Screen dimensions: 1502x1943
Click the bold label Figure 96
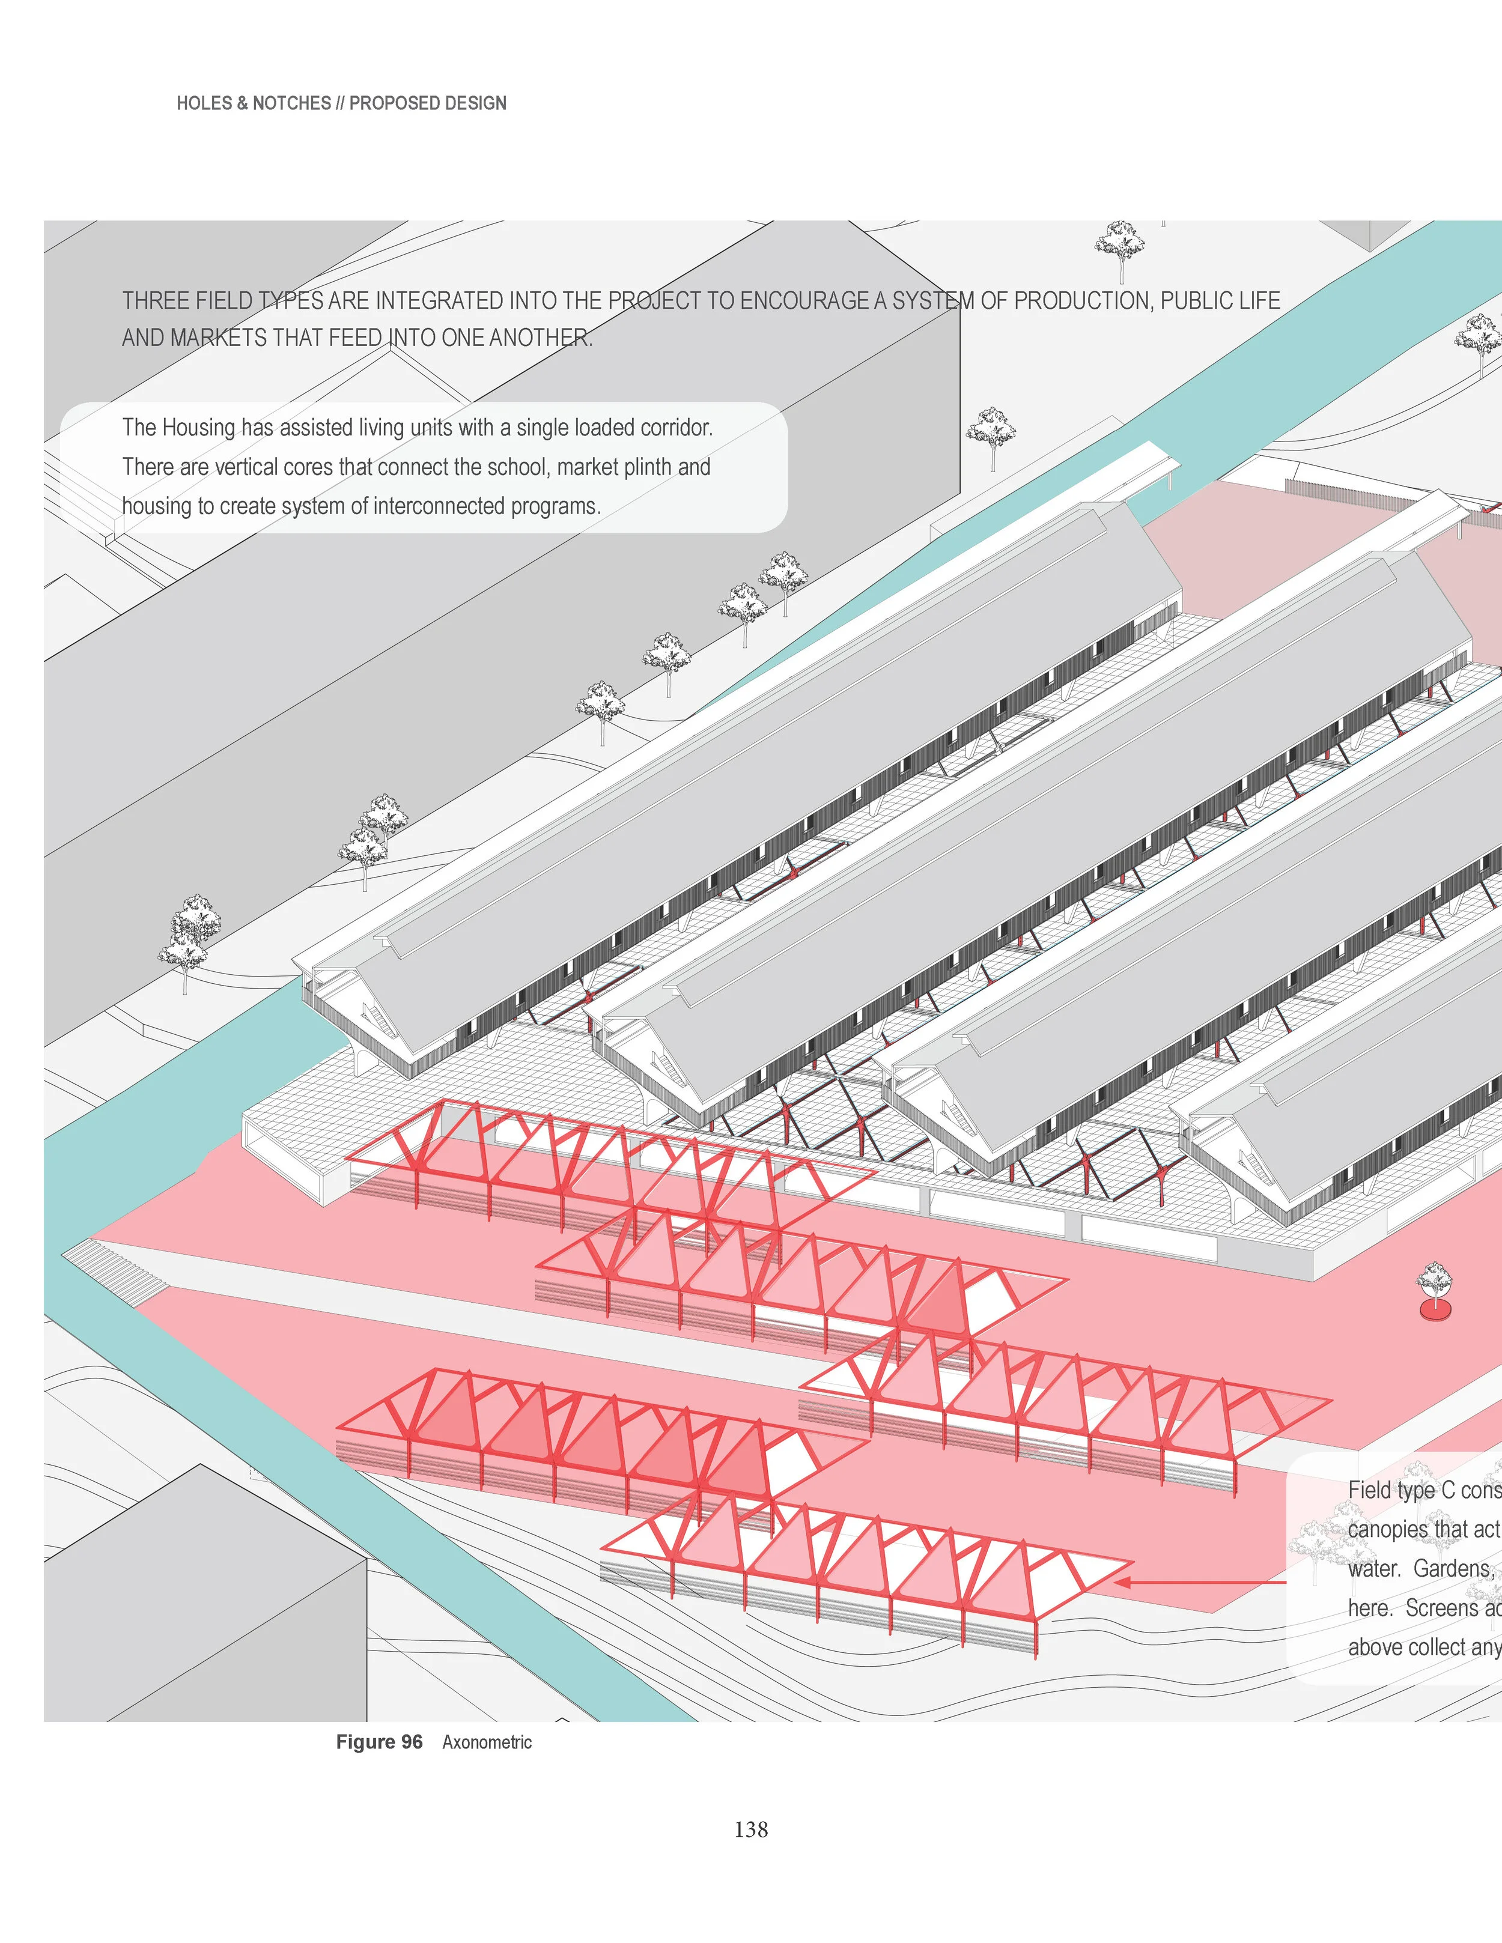[379, 1742]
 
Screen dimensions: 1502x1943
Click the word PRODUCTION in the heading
[1086, 301]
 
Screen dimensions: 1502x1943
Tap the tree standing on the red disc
[1434, 1282]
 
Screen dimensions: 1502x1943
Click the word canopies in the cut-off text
[1389, 1529]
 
